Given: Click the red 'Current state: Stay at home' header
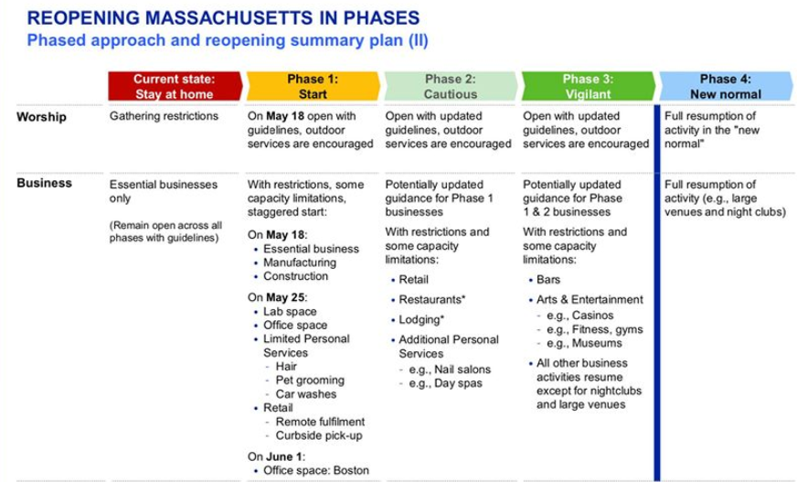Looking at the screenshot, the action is tap(175, 86).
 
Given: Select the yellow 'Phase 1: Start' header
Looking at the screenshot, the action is tap(313, 86).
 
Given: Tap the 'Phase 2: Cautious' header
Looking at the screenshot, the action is tap(451, 86).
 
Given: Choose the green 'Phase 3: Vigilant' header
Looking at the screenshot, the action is tap(588, 86).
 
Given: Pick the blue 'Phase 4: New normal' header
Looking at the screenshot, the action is tap(726, 86).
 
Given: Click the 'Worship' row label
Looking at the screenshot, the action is tap(42, 117).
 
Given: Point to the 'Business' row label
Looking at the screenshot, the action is tap(44, 183).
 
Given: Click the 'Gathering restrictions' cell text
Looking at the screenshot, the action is tap(164, 116).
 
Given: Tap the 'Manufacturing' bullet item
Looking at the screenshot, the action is tap(300, 262).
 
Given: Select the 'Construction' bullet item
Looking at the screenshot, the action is tap(295, 276).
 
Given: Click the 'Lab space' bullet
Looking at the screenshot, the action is tap(290, 312).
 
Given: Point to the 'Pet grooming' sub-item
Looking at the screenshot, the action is tap(310, 380).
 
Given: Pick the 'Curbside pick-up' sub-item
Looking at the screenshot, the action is tap(319, 435).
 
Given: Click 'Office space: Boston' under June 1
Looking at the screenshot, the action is tap(315, 470).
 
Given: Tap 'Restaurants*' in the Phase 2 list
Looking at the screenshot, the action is tap(432, 299).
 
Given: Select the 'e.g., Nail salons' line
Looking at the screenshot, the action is tap(450, 370).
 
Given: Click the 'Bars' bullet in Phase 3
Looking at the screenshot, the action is tap(548, 280).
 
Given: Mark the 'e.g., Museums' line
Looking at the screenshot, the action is tap(584, 343).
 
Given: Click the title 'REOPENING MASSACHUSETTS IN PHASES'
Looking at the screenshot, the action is tap(223, 17).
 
